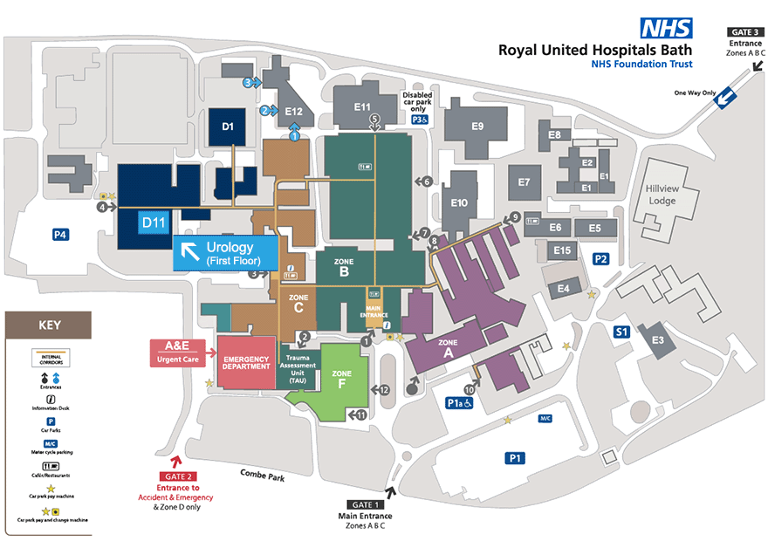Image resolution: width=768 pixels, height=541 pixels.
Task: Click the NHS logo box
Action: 667,29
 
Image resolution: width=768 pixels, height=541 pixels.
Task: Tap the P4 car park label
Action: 60,234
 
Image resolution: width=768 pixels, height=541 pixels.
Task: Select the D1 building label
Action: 228,127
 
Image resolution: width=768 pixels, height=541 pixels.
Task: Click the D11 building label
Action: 154,223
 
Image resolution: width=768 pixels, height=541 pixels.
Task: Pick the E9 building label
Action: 477,127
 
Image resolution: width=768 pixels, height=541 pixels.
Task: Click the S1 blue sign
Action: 621,332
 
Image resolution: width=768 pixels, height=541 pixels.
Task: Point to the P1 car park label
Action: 516,456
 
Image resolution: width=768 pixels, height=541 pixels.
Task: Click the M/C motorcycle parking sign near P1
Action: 545,419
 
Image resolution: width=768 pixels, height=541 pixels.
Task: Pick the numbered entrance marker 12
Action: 384,389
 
